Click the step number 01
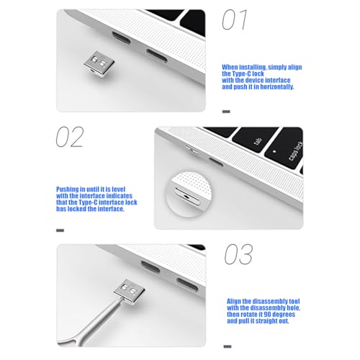[x=234, y=19]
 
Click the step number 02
[x=70, y=137]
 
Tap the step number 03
[x=238, y=254]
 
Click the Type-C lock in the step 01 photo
[x=99, y=63]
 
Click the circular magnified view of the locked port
[x=189, y=194]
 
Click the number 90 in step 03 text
[x=267, y=315]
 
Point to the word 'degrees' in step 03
[x=284, y=315]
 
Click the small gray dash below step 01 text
[x=226, y=112]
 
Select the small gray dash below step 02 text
[x=60, y=230]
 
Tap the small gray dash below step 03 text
[x=228, y=346]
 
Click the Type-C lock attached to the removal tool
[x=130, y=292]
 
